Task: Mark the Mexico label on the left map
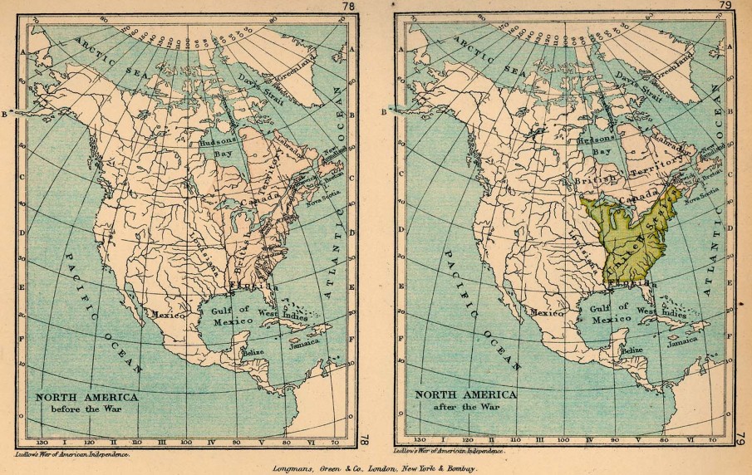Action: click(166, 315)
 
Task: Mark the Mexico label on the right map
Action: click(548, 313)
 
